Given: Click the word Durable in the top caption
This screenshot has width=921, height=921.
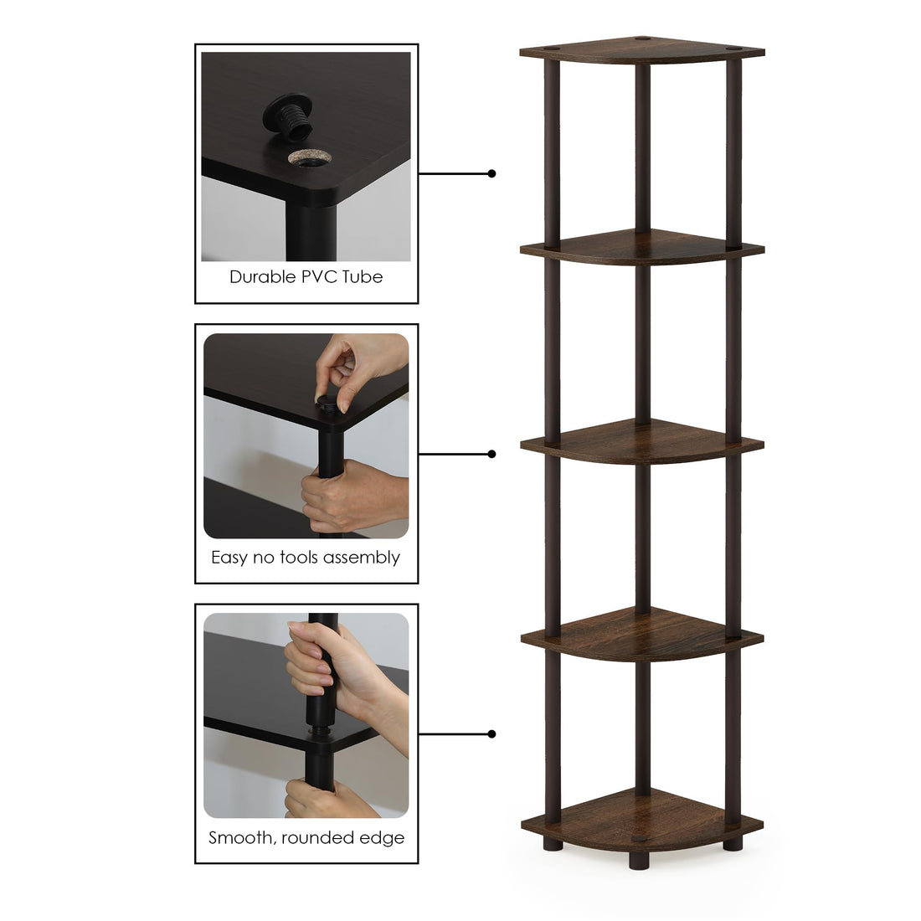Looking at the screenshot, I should pyautogui.click(x=262, y=277).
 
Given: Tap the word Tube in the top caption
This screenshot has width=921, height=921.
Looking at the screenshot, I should pyautogui.click(x=363, y=277).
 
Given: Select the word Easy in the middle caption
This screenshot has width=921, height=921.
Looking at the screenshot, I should pyautogui.click(x=229, y=558).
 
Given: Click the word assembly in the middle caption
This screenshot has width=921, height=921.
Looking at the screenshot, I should pyautogui.click(x=363, y=558).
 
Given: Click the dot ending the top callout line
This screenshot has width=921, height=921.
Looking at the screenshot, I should pyautogui.click(x=491, y=173).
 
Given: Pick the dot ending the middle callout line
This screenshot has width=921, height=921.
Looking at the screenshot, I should pyautogui.click(x=491, y=454).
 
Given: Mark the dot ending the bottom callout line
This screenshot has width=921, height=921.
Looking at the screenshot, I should pyautogui.click(x=491, y=734).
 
